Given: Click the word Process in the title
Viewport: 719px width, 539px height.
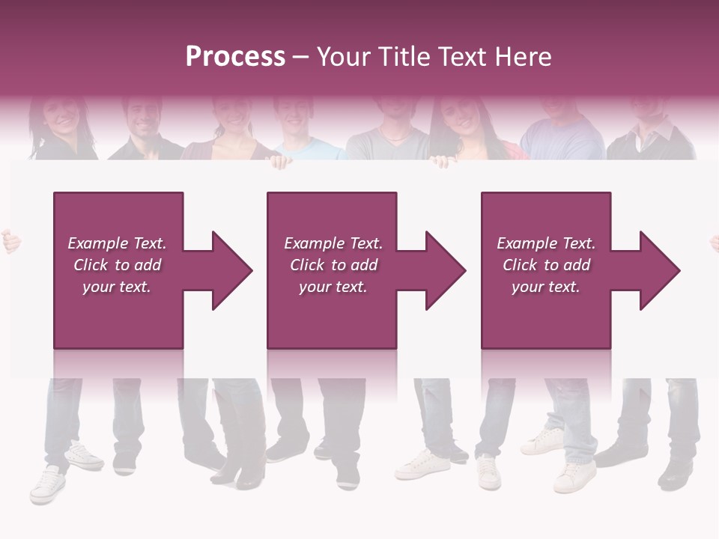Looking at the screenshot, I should coord(235,57).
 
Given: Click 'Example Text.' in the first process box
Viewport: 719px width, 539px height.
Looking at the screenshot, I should coord(117,243).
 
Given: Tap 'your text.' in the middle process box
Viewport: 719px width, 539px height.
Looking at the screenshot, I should coord(333,287).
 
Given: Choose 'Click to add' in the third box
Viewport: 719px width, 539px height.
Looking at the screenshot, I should coord(546,265).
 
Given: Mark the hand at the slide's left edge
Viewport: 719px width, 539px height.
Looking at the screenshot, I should coord(9,241).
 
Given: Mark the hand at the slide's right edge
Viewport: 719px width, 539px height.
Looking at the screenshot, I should coord(714,241).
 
